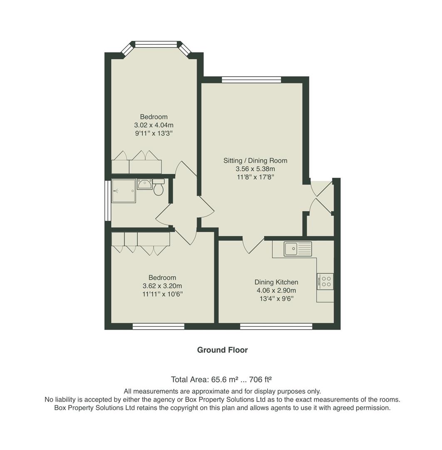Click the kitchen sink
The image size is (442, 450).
[298, 249]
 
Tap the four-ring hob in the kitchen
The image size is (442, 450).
[325, 281]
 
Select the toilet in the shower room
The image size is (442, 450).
[159, 188]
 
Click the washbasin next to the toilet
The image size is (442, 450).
[144, 184]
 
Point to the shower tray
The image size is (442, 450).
[124, 191]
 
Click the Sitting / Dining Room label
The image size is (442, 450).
[255, 160]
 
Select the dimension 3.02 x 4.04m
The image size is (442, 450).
[154, 125]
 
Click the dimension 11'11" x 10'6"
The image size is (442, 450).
[162, 294]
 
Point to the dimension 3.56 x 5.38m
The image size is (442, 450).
[255, 169]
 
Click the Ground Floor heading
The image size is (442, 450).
[222, 350]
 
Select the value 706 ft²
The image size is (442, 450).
[260, 380]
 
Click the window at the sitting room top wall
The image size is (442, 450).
[251, 80]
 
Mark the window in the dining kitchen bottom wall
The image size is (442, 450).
[276, 327]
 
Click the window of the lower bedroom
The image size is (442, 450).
[158, 327]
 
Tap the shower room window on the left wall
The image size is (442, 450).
[107, 200]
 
